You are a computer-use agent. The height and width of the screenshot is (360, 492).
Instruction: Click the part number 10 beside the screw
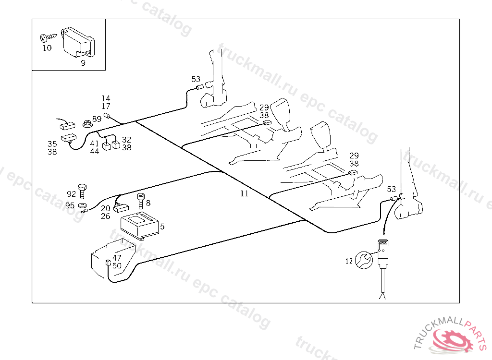pyautogui.click(x=47, y=48)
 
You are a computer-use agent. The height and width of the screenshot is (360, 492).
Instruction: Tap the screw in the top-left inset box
pyautogui.click(x=49, y=36)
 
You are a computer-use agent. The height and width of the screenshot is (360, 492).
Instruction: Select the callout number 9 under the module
pyautogui.click(x=83, y=63)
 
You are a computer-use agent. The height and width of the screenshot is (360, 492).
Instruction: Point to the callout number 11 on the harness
pyautogui.click(x=245, y=194)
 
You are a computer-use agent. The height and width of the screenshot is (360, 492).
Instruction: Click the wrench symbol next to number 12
pyautogui.click(x=364, y=261)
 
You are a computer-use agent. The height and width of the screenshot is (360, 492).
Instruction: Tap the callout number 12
pyautogui.click(x=349, y=261)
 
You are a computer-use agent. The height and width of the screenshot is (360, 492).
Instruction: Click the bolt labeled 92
pyautogui.click(x=83, y=191)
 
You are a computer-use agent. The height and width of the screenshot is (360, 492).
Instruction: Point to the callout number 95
pyautogui.click(x=70, y=205)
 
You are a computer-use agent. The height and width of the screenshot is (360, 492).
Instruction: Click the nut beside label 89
pyautogui.click(x=86, y=123)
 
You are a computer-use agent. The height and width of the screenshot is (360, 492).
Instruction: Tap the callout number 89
pyautogui.click(x=97, y=119)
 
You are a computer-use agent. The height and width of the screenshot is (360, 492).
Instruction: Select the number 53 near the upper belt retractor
pyautogui.click(x=196, y=79)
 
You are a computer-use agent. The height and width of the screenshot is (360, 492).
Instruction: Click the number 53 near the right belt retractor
pyautogui.click(x=392, y=189)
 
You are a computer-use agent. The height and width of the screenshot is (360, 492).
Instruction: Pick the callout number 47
pyautogui.click(x=117, y=258)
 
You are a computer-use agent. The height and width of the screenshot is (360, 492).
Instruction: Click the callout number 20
pyautogui.click(x=106, y=208)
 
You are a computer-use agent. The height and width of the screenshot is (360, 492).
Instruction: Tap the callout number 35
pyautogui.click(x=52, y=144)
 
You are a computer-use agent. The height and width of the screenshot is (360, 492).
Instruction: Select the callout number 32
pyautogui.click(x=126, y=140)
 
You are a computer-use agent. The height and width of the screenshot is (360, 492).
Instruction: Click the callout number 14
pyautogui.click(x=106, y=99)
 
